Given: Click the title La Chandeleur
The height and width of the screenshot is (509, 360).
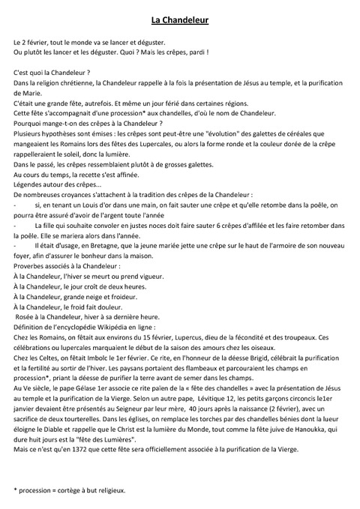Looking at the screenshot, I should (179, 20).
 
